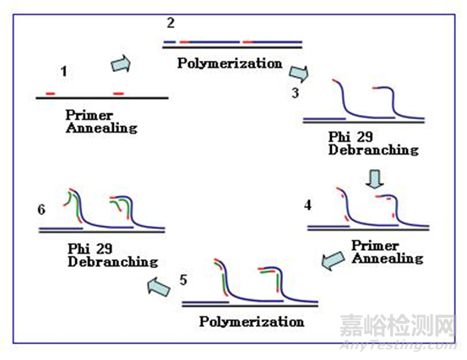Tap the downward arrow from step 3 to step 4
click(x=377, y=179)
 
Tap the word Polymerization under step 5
click(x=252, y=322)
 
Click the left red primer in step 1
click(x=52, y=92)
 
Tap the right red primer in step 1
click(x=117, y=92)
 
